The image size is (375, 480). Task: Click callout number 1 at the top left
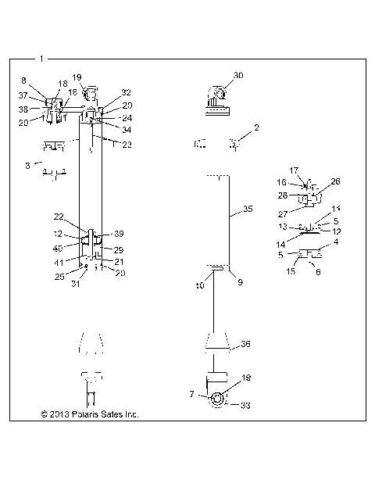click(x=41, y=59)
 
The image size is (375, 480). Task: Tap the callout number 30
click(x=238, y=75)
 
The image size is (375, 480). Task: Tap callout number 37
click(x=23, y=95)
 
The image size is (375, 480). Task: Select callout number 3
click(x=27, y=166)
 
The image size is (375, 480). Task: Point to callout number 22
click(x=80, y=217)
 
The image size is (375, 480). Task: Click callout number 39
click(x=120, y=234)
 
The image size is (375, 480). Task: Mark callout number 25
click(x=60, y=276)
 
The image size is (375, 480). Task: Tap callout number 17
click(x=294, y=170)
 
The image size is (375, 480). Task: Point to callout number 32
click(x=126, y=92)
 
